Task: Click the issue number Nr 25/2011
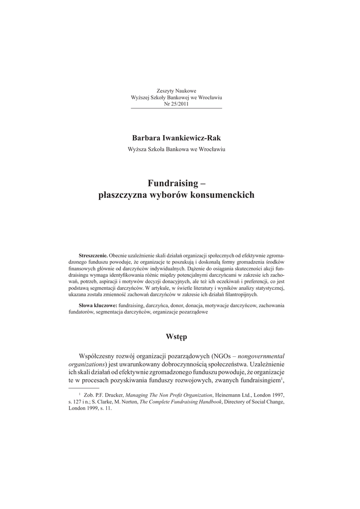pyautogui.click(x=176, y=104)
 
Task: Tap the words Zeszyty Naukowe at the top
pyautogui.click(x=177, y=90)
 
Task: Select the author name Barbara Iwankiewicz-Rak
pyautogui.click(x=176, y=137)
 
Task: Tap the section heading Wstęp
pyautogui.click(x=176, y=337)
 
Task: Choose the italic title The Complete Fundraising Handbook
pyautogui.click(x=174, y=401)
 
